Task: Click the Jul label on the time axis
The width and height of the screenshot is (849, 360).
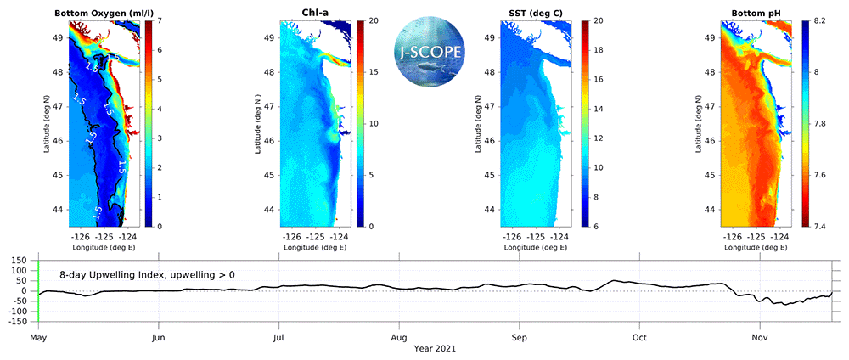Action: pos(278,336)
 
